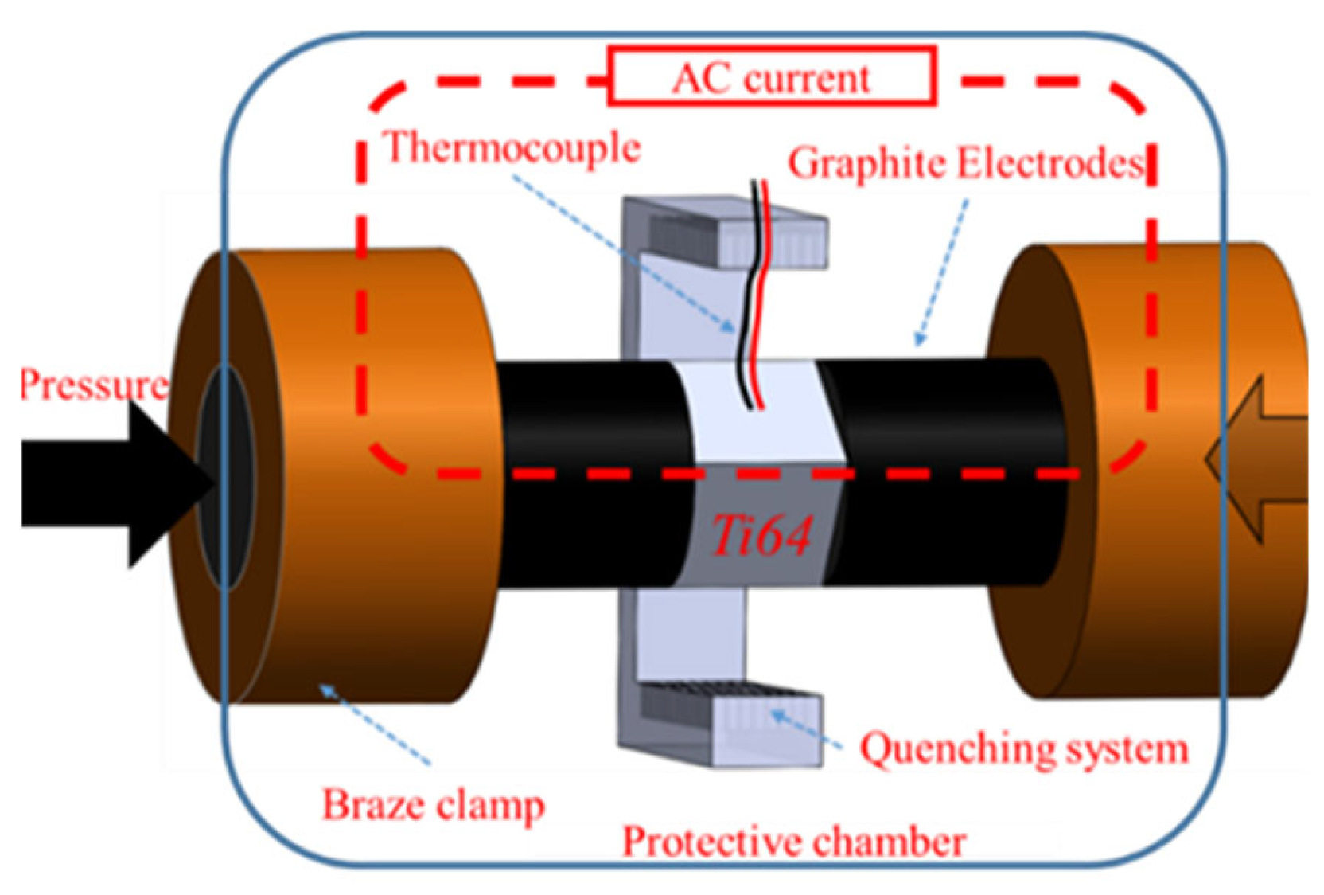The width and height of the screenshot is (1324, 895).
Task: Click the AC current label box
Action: (x=772, y=77)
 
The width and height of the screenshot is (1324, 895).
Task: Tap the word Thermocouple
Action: (x=512, y=148)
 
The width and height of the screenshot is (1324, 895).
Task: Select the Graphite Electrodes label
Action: (x=966, y=164)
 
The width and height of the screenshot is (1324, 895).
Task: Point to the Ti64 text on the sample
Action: (x=761, y=535)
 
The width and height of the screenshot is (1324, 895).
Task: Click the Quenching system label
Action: (x=1024, y=749)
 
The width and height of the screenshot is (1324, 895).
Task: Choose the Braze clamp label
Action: (x=433, y=805)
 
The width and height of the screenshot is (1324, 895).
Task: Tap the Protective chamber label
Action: (x=793, y=842)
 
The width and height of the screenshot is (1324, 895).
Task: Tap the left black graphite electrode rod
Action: (x=589, y=478)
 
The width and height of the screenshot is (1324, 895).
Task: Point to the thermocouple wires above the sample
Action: (x=756, y=295)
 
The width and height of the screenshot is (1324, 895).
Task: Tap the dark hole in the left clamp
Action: (x=225, y=478)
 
